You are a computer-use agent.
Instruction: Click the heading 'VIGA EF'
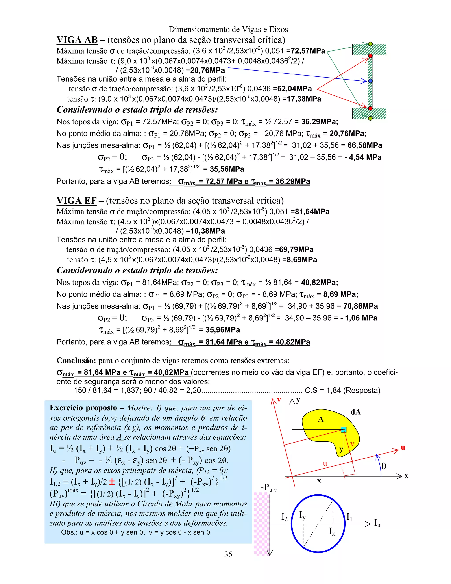[x=76, y=201]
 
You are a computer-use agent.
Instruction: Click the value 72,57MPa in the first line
[x=308, y=51]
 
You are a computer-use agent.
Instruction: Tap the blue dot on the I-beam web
[x=370, y=81]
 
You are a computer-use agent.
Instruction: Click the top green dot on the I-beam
[x=370, y=44]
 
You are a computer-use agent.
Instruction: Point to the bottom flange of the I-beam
[x=369, y=113]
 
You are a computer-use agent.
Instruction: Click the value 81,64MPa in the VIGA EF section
[x=312, y=212]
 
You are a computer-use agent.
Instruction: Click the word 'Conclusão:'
[x=76, y=361]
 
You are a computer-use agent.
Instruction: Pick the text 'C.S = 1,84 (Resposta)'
[x=342, y=391]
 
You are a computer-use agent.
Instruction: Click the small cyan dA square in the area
[x=344, y=430]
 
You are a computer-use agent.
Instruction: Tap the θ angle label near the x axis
[x=384, y=466]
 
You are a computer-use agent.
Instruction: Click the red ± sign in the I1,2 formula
[x=112, y=482]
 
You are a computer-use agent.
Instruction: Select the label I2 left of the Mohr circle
[x=284, y=517]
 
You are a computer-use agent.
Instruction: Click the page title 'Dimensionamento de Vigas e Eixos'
[x=228, y=29]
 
